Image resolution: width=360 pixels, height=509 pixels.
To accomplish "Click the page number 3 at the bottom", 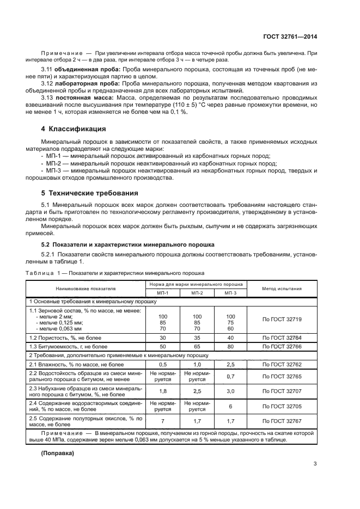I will (x=315, y=464).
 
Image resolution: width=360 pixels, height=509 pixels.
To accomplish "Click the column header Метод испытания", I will (x=282, y=289).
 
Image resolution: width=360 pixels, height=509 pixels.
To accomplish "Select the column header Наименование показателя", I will (x=85, y=289).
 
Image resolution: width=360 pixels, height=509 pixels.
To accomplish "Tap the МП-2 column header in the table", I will (x=197, y=293).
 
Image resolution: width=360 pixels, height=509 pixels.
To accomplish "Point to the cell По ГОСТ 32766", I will (x=282, y=346).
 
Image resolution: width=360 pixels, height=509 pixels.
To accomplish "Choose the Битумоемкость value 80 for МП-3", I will (x=230, y=346).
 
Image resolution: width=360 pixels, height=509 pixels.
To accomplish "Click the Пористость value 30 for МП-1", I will (x=163, y=338).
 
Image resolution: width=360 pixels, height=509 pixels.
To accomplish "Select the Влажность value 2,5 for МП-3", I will (x=230, y=364).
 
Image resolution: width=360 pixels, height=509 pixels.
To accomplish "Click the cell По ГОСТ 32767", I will (x=282, y=421).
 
